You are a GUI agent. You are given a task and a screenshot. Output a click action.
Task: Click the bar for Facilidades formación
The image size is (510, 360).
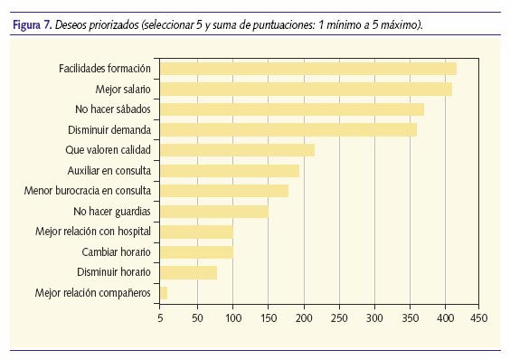click(x=307, y=69)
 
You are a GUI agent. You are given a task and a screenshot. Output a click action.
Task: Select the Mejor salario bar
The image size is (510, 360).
click(x=306, y=89)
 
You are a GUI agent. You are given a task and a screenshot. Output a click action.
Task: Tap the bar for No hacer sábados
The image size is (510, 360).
click(x=291, y=109)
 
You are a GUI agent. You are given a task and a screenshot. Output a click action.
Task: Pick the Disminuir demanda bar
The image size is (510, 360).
click(x=288, y=129)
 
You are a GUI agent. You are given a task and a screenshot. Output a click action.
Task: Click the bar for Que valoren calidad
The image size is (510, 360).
click(x=237, y=150)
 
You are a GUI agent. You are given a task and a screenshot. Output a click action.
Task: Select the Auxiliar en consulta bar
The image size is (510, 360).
click(x=230, y=170)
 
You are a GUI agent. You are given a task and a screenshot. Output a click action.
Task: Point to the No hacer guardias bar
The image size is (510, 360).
click(x=213, y=211)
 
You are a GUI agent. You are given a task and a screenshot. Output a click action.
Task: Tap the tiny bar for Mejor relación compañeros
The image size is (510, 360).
click(x=164, y=292)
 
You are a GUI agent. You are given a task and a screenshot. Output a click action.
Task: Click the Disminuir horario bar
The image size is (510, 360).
click(x=188, y=272)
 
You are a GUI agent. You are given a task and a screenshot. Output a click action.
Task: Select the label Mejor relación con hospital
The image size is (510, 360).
click(x=94, y=232)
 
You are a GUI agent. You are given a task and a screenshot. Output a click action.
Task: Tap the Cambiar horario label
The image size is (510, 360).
click(x=116, y=251)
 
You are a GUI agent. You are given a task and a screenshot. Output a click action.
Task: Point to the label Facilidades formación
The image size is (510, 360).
click(x=106, y=69)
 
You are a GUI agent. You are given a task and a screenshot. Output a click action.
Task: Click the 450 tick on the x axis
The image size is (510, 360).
click(x=478, y=318)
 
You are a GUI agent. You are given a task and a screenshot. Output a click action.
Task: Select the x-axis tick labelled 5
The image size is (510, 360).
click(x=160, y=318)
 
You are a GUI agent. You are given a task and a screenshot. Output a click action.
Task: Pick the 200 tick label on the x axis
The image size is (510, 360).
click(x=303, y=318)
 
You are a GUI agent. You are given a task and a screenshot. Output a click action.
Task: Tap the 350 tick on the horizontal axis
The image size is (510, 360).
click(x=409, y=318)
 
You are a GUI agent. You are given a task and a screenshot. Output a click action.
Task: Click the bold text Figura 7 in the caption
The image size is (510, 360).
click(x=33, y=24)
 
